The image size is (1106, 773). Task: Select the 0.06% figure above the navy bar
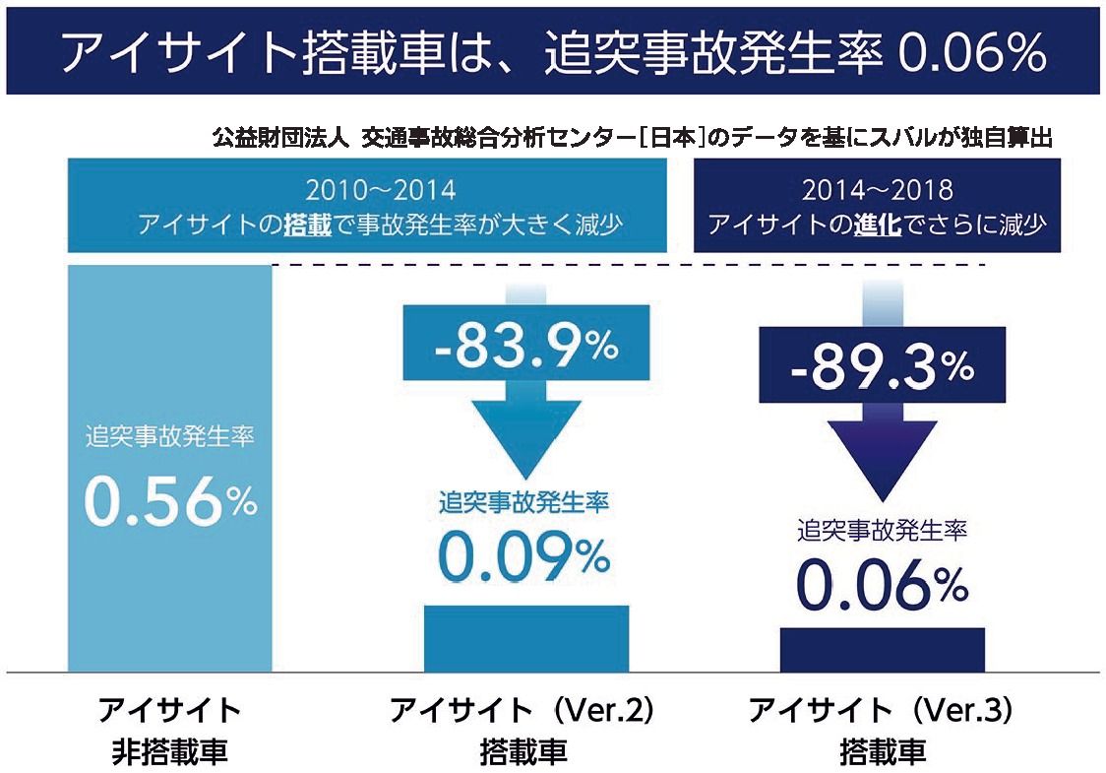point(882,586)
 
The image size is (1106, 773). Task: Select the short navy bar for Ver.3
point(882,650)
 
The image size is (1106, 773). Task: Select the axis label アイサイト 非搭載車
point(169,731)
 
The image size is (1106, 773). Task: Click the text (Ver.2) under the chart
point(601,710)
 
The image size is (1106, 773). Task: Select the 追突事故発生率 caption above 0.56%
point(169,434)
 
